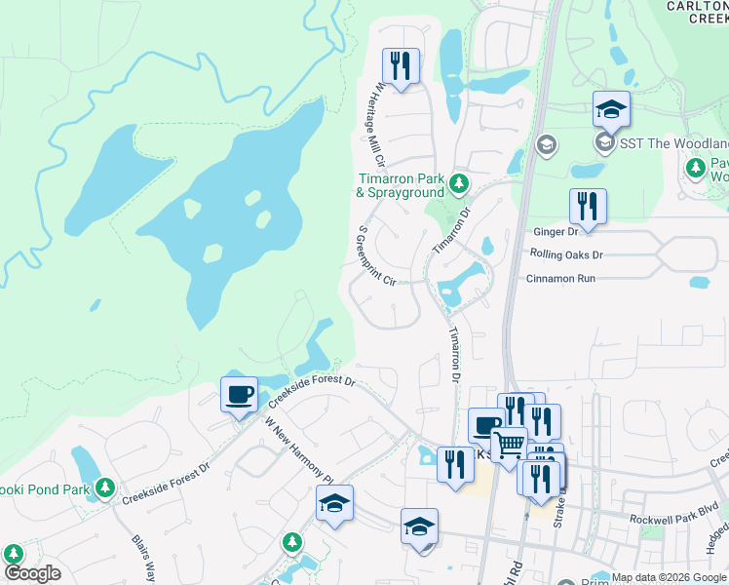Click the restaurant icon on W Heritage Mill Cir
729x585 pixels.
[x=401, y=66]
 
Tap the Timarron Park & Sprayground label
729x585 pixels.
[x=401, y=185]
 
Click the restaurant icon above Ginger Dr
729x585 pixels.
[x=588, y=207]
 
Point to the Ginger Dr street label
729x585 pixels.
[x=556, y=232]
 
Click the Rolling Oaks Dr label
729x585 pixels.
[x=566, y=254]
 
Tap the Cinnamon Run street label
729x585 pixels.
[x=559, y=278]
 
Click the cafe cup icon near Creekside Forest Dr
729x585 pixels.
[x=239, y=395]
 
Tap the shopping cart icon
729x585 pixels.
[x=509, y=445]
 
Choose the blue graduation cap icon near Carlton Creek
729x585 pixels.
[x=611, y=109]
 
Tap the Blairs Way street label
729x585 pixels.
[x=143, y=557]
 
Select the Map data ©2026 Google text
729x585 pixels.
[x=669, y=577]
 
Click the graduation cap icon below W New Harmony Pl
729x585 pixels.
[x=334, y=504]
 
